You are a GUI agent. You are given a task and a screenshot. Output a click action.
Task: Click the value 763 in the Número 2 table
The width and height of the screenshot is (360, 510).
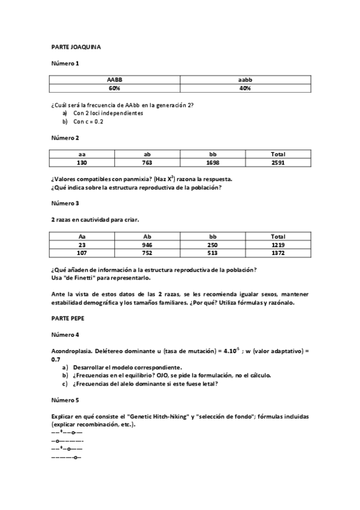[147, 162]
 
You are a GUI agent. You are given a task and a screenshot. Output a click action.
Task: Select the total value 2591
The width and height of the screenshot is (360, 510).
[278, 162]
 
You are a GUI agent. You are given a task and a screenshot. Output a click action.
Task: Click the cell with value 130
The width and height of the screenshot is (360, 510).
[82, 162]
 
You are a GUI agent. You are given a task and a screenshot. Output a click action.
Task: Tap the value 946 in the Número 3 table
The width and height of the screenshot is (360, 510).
[147, 245]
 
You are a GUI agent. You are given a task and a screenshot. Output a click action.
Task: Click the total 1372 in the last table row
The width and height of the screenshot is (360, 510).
[278, 253]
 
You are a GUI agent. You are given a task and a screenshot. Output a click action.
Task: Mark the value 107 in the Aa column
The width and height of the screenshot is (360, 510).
[82, 253]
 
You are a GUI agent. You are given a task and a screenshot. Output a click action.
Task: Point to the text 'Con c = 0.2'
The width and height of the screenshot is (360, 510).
[88, 121]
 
